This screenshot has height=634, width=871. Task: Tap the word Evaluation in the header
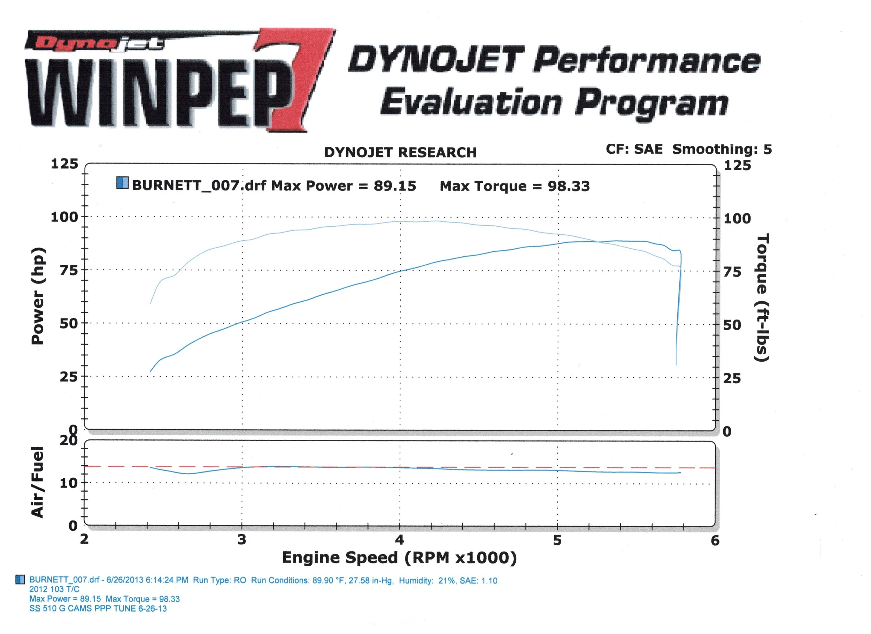coord(471,102)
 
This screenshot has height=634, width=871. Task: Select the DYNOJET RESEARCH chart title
coord(400,153)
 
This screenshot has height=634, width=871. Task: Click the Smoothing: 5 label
coord(722,149)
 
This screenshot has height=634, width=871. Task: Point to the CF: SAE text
coord(634,149)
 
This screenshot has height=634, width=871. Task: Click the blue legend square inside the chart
coord(123,183)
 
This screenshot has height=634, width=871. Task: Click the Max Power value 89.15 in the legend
coord(395,186)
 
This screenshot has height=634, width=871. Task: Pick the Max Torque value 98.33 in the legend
coord(568,186)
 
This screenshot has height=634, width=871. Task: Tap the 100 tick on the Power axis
coord(64,217)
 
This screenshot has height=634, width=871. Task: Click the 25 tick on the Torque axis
coord(732,379)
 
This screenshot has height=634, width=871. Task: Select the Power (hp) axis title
coord(38,296)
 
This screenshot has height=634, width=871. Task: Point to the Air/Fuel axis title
coord(37,482)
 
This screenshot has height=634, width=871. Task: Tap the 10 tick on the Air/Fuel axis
coord(68,483)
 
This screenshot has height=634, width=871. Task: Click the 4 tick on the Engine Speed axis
coord(399,540)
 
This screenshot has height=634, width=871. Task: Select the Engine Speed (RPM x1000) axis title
coord(399,558)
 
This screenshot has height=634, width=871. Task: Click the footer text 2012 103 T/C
coord(55,589)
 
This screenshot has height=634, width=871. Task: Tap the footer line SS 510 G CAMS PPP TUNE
coord(98,609)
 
